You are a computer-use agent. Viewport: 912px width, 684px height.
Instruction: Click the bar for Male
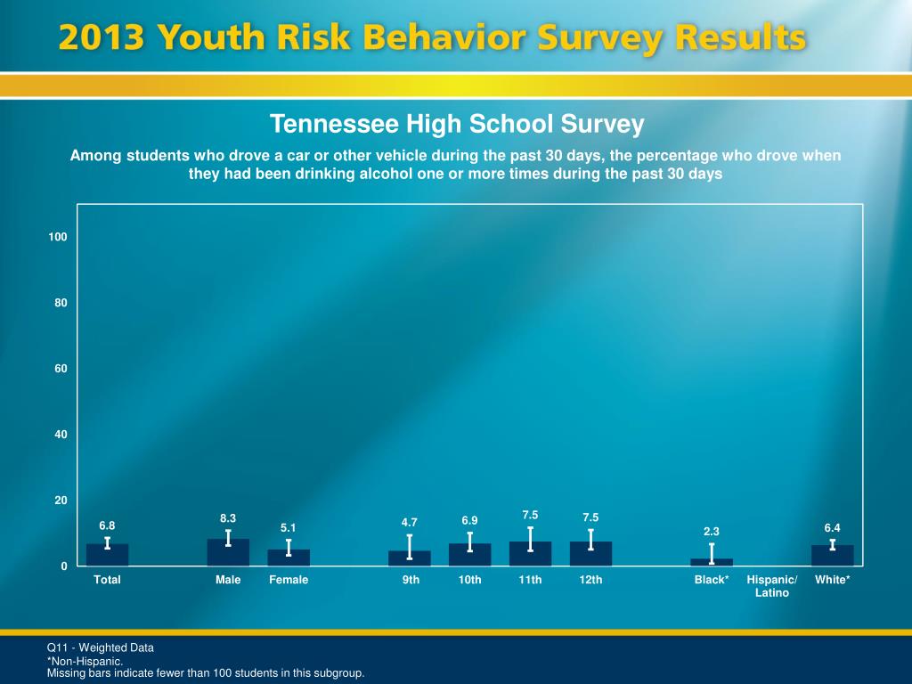pyautogui.click(x=228, y=553)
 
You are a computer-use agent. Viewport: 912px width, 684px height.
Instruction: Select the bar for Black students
pyautogui.click(x=712, y=562)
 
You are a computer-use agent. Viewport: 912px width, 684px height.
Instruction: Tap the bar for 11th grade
pyautogui.click(x=530, y=554)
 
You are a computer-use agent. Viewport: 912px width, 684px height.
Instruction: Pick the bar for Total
pyautogui.click(x=108, y=555)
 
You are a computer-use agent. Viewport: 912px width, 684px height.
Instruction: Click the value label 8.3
pyautogui.click(x=228, y=517)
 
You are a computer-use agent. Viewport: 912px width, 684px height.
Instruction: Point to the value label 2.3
pyautogui.click(x=712, y=532)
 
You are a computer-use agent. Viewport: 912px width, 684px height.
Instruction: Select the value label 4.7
pyautogui.click(x=410, y=522)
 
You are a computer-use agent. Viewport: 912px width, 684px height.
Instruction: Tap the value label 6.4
pyautogui.click(x=833, y=528)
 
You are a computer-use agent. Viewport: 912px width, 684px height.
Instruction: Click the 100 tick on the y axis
pyautogui.click(x=58, y=237)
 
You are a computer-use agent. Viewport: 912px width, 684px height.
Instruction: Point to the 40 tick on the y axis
pyautogui.click(x=61, y=435)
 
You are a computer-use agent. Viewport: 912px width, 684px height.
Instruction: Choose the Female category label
pyautogui.click(x=289, y=580)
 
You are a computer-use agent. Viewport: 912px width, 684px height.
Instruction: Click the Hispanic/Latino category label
pyautogui.click(x=772, y=586)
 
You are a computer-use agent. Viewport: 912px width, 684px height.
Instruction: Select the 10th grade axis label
pyautogui.click(x=470, y=580)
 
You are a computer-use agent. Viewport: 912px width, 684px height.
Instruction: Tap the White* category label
pyautogui.click(x=833, y=580)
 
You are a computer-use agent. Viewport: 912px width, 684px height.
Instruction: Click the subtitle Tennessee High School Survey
pyautogui.click(x=456, y=124)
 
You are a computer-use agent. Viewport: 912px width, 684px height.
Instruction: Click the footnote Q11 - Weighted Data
pyautogui.click(x=101, y=647)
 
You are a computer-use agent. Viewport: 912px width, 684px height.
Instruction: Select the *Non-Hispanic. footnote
pyautogui.click(x=85, y=662)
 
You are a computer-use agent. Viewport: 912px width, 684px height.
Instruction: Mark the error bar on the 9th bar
pyautogui.click(x=410, y=546)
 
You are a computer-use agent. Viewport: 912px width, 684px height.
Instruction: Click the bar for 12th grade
pyautogui.click(x=590, y=554)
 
